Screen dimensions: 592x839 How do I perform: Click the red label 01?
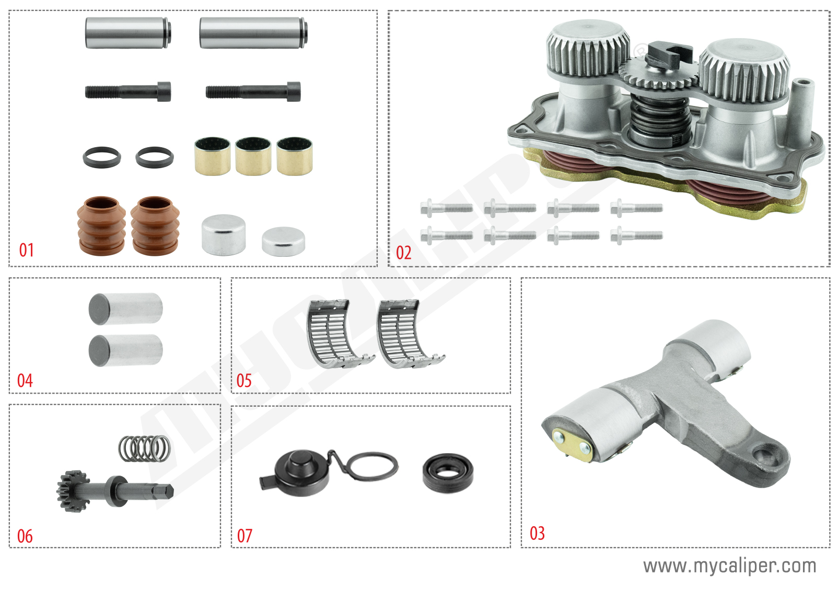click(27, 250)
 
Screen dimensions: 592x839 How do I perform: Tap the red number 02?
click(403, 253)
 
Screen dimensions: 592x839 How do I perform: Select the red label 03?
click(537, 533)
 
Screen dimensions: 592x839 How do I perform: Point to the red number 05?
click(244, 381)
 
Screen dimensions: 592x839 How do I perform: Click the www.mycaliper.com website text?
click(729, 565)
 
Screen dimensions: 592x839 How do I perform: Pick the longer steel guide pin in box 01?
click(253, 32)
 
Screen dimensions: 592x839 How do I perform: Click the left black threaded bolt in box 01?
click(127, 92)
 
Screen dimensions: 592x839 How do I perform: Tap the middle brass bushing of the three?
click(253, 156)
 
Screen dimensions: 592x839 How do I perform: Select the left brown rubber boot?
click(101, 226)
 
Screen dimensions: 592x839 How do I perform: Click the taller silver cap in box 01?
click(224, 234)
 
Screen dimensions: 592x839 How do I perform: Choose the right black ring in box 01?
click(155, 157)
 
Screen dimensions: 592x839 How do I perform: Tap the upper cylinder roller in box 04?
click(125, 309)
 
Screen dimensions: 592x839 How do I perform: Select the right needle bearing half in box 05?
click(407, 333)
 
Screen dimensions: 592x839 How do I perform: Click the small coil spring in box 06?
click(144, 448)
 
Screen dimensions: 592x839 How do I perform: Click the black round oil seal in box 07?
click(448, 472)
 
